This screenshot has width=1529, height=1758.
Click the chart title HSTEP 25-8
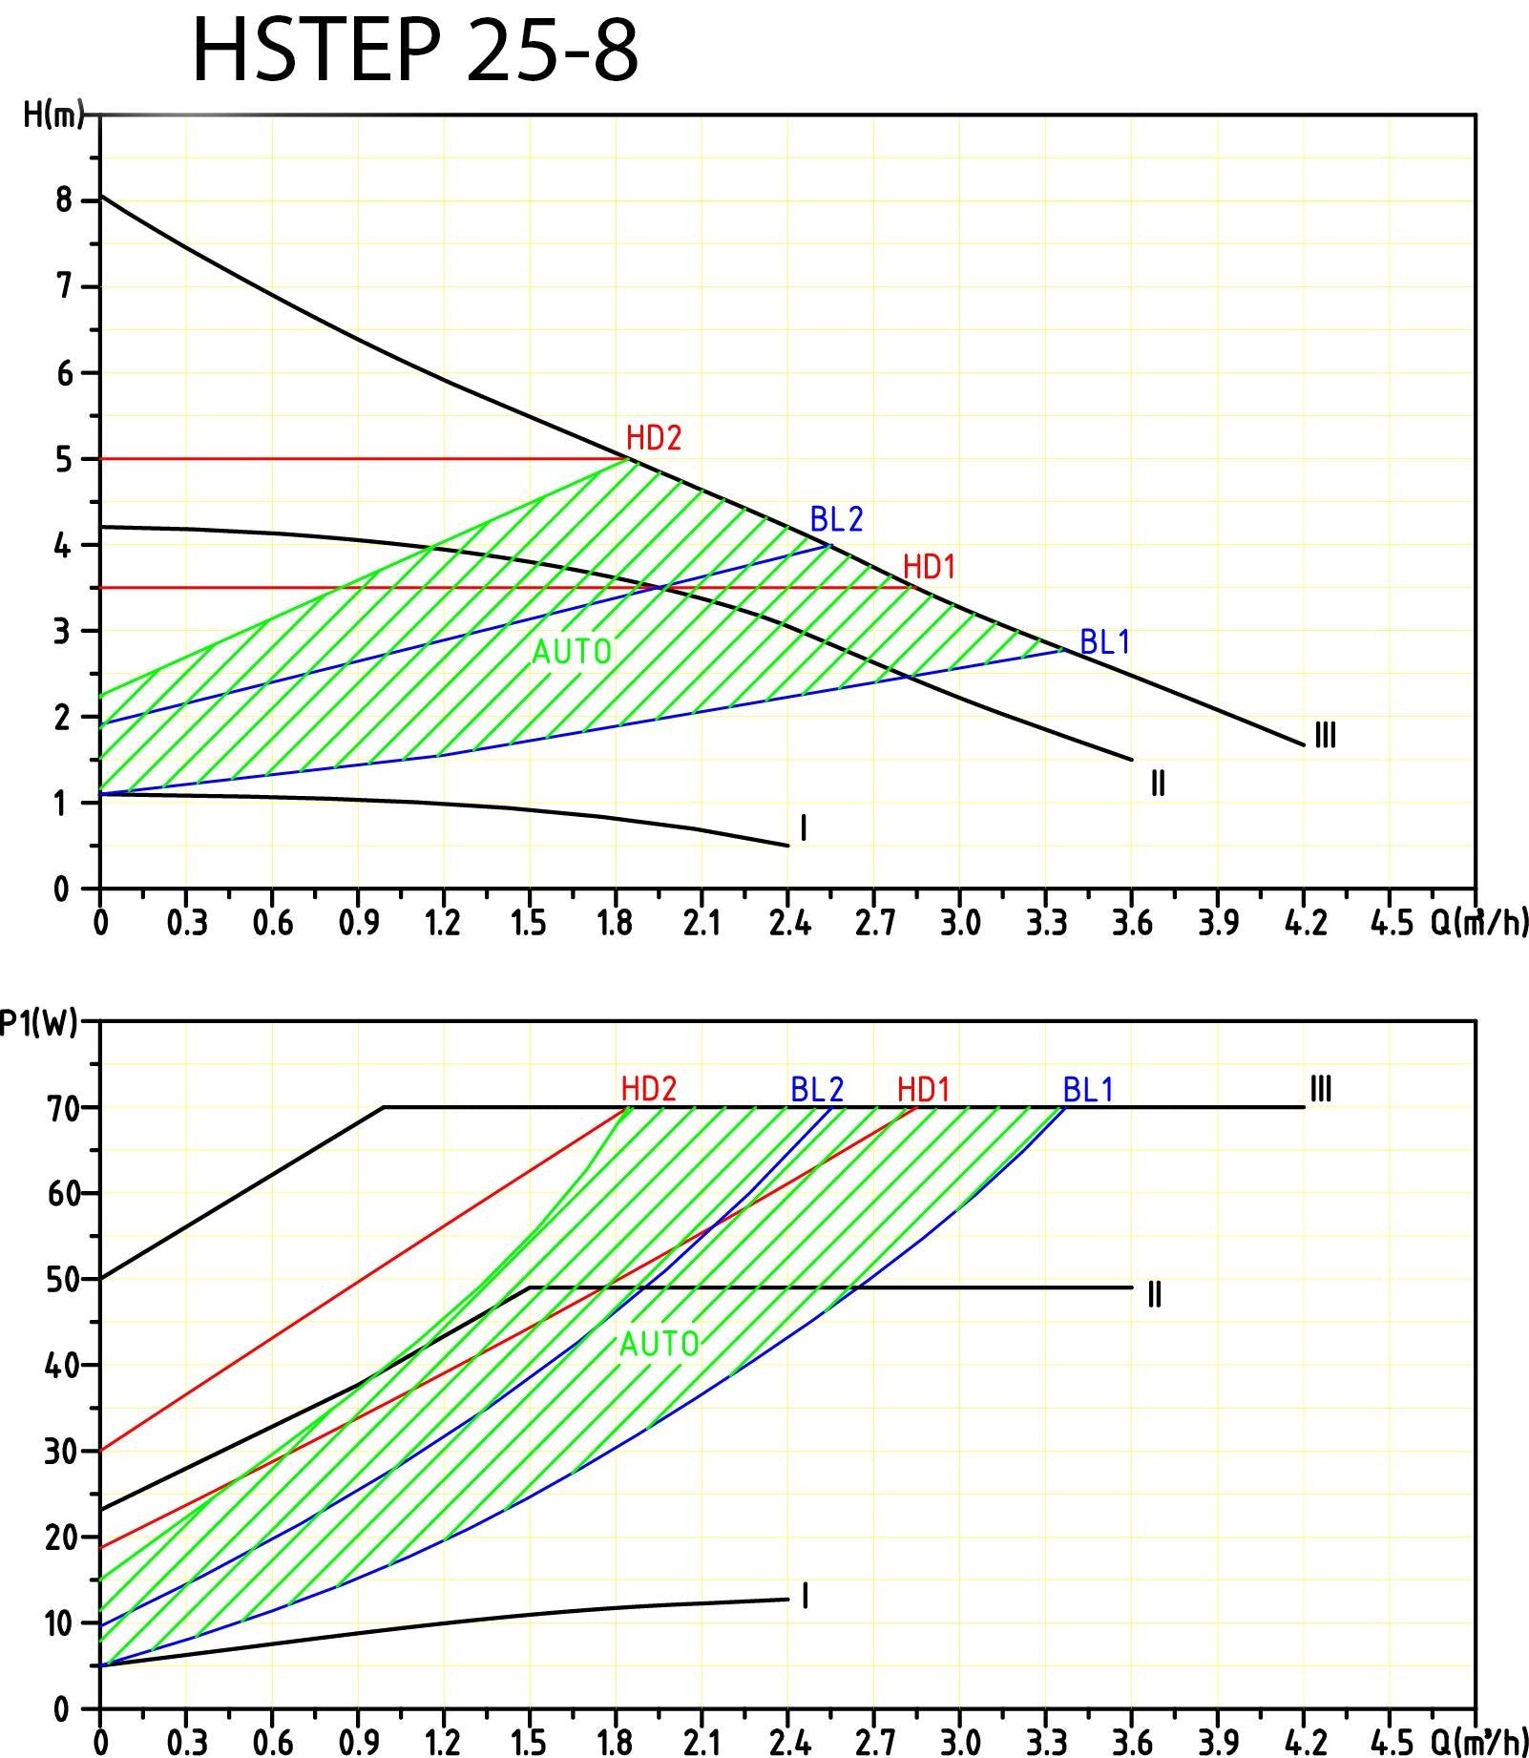pyautogui.click(x=415, y=51)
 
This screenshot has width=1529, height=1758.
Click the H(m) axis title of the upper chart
pyautogui.click(x=53, y=115)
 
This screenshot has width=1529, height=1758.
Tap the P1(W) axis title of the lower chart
pyautogui.click(x=38, y=1022)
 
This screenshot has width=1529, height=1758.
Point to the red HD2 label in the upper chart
pyautogui.click(x=654, y=438)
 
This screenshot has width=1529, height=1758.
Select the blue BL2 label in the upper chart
pyautogui.click(x=836, y=519)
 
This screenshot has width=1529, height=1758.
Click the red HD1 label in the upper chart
pyautogui.click(x=929, y=567)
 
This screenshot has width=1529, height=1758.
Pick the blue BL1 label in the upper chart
pyautogui.click(x=1104, y=642)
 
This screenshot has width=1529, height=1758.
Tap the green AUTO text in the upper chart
pyautogui.click(x=571, y=652)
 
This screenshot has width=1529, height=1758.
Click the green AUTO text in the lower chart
pyautogui.click(x=660, y=1345)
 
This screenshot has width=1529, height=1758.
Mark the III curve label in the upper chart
pyautogui.click(x=1325, y=736)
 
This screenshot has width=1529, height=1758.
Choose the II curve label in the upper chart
pyautogui.click(x=1158, y=784)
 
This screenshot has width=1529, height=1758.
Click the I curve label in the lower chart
pyautogui.click(x=805, y=1596)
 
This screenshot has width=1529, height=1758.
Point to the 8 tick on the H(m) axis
pyautogui.click(x=64, y=200)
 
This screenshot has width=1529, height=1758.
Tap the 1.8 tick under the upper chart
pyautogui.click(x=615, y=923)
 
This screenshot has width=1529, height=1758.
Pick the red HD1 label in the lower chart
pyautogui.click(x=923, y=1089)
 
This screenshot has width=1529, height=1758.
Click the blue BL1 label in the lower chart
pyautogui.click(x=1088, y=1089)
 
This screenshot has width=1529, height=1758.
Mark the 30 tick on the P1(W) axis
pyautogui.click(x=59, y=1452)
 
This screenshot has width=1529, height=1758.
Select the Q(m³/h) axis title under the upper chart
pyautogui.click(x=1478, y=923)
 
